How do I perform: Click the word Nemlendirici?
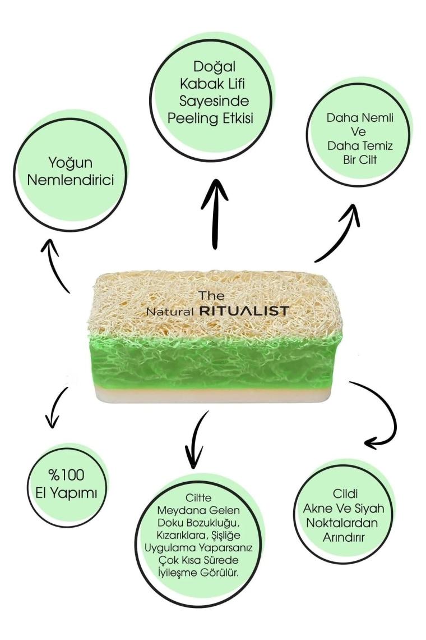[x=68, y=182]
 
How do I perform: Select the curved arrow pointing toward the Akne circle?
[x=384, y=415]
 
